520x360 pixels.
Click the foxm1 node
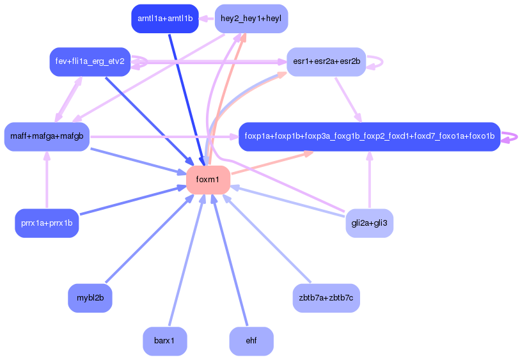pos(208,180)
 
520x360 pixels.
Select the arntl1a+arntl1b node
pos(164,19)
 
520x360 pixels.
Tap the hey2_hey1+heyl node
pos(251,19)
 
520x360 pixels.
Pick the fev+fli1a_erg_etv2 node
pos(90,62)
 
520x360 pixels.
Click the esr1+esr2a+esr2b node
pos(326,62)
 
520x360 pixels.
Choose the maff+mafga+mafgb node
pos(47,136)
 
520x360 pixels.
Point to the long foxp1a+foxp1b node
pos(369,136)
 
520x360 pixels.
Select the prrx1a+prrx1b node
pos(47,224)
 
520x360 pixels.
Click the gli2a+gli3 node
pos(369,224)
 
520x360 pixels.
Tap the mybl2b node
pos(90,298)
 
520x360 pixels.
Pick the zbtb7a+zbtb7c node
pos(326,298)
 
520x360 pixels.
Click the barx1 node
pos(164,341)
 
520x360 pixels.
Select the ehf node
pos(251,341)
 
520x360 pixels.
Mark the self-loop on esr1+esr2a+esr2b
pos(379,62)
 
